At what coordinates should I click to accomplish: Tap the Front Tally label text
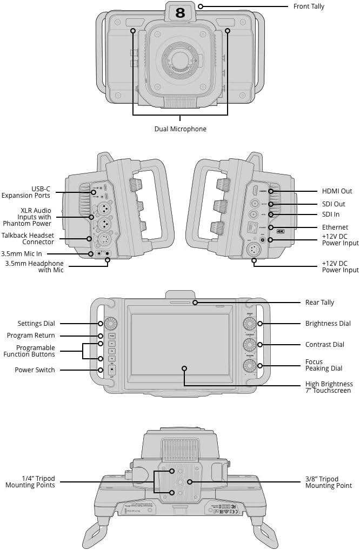[x=309, y=6]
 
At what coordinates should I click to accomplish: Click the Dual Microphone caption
[x=180, y=129]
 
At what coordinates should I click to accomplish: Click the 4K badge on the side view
[x=280, y=231]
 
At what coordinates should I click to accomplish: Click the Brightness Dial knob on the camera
[x=249, y=324]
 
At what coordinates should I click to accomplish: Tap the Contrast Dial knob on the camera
[x=249, y=345]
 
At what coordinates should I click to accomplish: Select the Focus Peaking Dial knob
[x=249, y=366]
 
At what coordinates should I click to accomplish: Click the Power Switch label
[x=35, y=370]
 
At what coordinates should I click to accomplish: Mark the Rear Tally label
[x=319, y=303]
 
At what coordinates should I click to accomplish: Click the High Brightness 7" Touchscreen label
[x=329, y=387]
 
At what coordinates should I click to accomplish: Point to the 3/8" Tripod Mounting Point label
[x=328, y=482]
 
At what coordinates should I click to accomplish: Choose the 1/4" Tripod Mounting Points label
[x=30, y=482]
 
